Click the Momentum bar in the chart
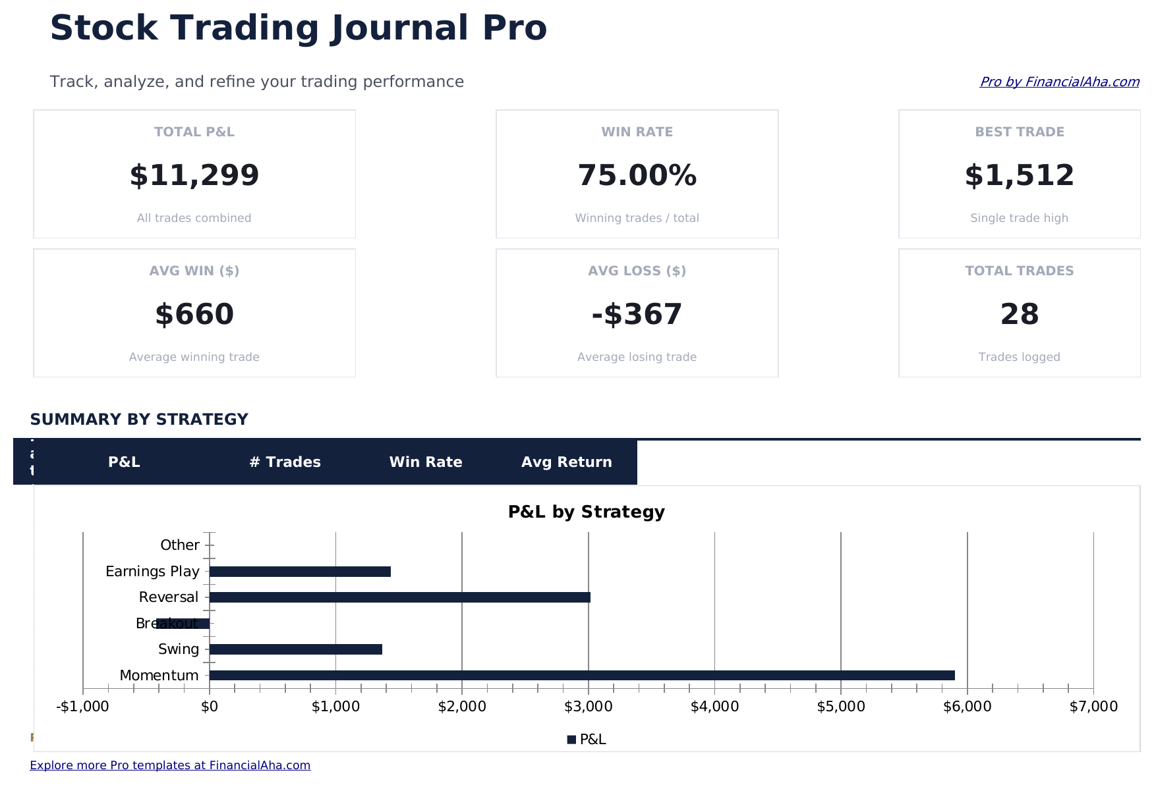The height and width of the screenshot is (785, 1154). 581,675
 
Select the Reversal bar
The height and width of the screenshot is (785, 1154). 399,597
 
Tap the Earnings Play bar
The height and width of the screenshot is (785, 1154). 300,572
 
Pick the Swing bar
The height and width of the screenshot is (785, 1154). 295,649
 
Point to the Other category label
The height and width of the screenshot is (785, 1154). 179,545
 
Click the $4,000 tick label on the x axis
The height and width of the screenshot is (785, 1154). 714,707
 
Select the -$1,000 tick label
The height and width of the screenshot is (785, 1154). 83,707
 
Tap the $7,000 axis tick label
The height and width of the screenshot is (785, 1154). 1093,707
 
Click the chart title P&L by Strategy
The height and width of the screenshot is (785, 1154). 586,512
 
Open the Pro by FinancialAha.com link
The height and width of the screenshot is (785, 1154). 1059,82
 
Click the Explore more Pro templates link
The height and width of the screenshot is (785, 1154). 170,765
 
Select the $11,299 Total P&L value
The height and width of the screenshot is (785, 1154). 194,176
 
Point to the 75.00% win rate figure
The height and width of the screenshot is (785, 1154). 637,176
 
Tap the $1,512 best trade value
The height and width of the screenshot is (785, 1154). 1019,176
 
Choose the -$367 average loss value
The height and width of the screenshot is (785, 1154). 637,315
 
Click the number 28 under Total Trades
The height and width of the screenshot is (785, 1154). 1019,315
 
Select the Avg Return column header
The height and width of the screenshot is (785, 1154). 566,462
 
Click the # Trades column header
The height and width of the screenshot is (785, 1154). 285,462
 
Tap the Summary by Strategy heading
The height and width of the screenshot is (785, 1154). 139,420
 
